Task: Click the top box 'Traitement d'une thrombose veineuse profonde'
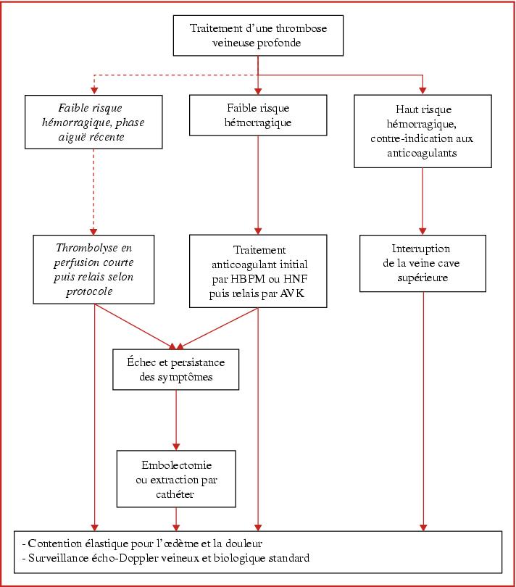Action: click(x=258, y=36)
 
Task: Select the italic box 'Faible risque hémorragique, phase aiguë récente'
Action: click(x=93, y=122)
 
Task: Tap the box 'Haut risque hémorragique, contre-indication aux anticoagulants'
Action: click(x=423, y=131)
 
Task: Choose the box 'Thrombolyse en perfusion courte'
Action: click(x=93, y=269)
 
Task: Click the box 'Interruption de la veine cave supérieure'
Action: click(x=423, y=263)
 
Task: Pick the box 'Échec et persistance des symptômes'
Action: click(x=176, y=370)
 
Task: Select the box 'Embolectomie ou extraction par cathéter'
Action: click(x=176, y=479)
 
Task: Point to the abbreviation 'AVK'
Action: click(x=292, y=293)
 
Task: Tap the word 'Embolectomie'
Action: click(x=176, y=465)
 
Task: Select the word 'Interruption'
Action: click(x=421, y=249)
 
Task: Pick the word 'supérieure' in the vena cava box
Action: click(x=423, y=278)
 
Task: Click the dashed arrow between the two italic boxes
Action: click(x=93, y=192)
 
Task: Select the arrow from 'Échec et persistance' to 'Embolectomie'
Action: click(x=176, y=420)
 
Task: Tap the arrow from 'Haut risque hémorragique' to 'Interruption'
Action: click(x=423, y=201)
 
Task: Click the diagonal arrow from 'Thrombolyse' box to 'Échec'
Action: click(x=136, y=326)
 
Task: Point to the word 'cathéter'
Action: click(x=175, y=494)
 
